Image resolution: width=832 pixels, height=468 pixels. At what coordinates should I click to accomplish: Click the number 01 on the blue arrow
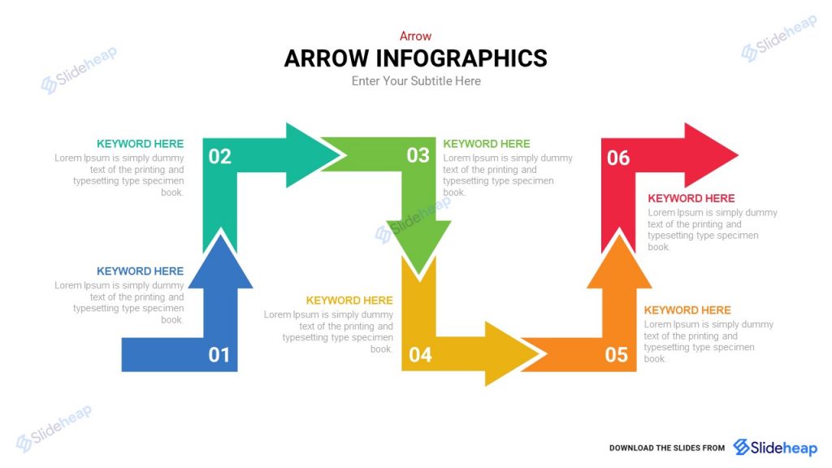(219, 355)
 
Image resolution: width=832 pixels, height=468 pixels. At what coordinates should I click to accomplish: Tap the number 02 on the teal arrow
(220, 157)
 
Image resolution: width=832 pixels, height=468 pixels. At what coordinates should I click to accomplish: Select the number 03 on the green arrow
(418, 155)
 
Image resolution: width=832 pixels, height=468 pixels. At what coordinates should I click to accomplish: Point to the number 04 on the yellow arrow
(420, 355)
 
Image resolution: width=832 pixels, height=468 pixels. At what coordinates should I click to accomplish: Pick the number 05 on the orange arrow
(617, 355)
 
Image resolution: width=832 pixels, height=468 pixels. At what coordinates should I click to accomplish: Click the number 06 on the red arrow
(618, 158)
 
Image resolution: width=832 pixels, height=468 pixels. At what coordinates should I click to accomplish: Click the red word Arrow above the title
(415, 36)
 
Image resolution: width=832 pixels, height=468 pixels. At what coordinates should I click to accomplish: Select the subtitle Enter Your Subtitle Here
(416, 81)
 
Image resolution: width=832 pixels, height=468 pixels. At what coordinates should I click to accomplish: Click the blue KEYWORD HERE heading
(140, 271)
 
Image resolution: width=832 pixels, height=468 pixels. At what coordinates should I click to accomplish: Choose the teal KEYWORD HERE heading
(140, 144)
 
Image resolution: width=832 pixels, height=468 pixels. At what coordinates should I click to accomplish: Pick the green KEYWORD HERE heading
(487, 144)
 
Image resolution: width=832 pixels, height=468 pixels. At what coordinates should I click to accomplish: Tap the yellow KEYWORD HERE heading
(349, 301)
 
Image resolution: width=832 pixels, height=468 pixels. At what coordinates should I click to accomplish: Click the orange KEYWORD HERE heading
(687, 310)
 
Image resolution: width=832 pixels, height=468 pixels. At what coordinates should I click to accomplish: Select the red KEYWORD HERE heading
(691, 198)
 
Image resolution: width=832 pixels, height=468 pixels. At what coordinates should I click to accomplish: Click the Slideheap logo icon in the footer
(742, 448)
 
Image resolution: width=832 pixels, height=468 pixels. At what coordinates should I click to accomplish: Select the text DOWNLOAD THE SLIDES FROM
(667, 448)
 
